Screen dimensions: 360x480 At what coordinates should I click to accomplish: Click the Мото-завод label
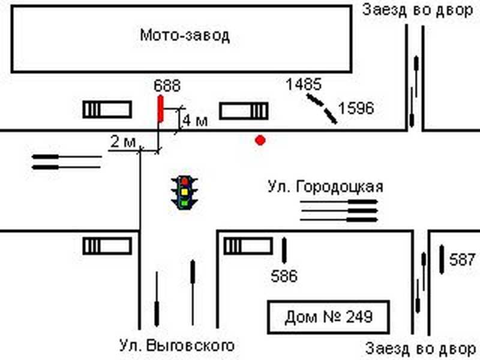tap(185, 35)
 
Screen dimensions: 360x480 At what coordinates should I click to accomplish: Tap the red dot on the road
tap(260, 140)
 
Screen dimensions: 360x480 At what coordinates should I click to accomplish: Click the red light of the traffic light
tap(185, 181)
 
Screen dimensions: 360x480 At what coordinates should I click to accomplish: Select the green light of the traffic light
tap(185, 202)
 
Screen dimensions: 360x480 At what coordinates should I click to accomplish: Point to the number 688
tap(167, 86)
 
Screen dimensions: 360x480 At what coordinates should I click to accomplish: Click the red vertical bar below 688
tap(160, 108)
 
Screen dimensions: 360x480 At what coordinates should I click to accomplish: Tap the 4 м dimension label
tap(196, 121)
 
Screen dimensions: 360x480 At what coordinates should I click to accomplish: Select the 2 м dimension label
tap(122, 142)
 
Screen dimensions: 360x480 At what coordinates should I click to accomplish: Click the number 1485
tap(304, 85)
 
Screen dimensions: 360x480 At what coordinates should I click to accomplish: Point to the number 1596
tap(356, 109)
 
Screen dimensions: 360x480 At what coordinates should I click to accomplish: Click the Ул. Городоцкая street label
tap(325, 187)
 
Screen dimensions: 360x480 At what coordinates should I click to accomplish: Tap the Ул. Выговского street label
tap(176, 346)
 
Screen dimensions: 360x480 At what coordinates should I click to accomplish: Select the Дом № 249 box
tap(328, 316)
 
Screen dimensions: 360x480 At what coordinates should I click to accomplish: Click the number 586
tap(284, 277)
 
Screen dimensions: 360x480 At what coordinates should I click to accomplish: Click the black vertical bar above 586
tap(284, 251)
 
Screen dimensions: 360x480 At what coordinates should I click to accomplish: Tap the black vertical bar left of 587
tap(442, 257)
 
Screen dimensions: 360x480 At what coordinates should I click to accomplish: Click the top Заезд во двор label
tap(418, 10)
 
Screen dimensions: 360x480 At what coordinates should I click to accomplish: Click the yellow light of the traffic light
tap(185, 191)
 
